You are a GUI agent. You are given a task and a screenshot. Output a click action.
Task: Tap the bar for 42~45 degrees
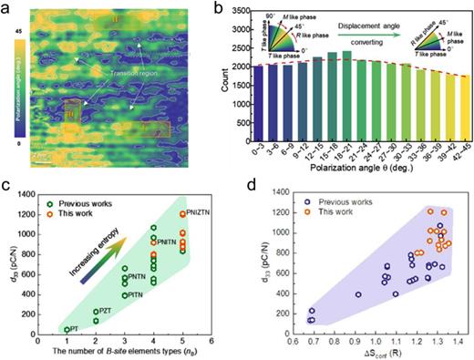point(463,118)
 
